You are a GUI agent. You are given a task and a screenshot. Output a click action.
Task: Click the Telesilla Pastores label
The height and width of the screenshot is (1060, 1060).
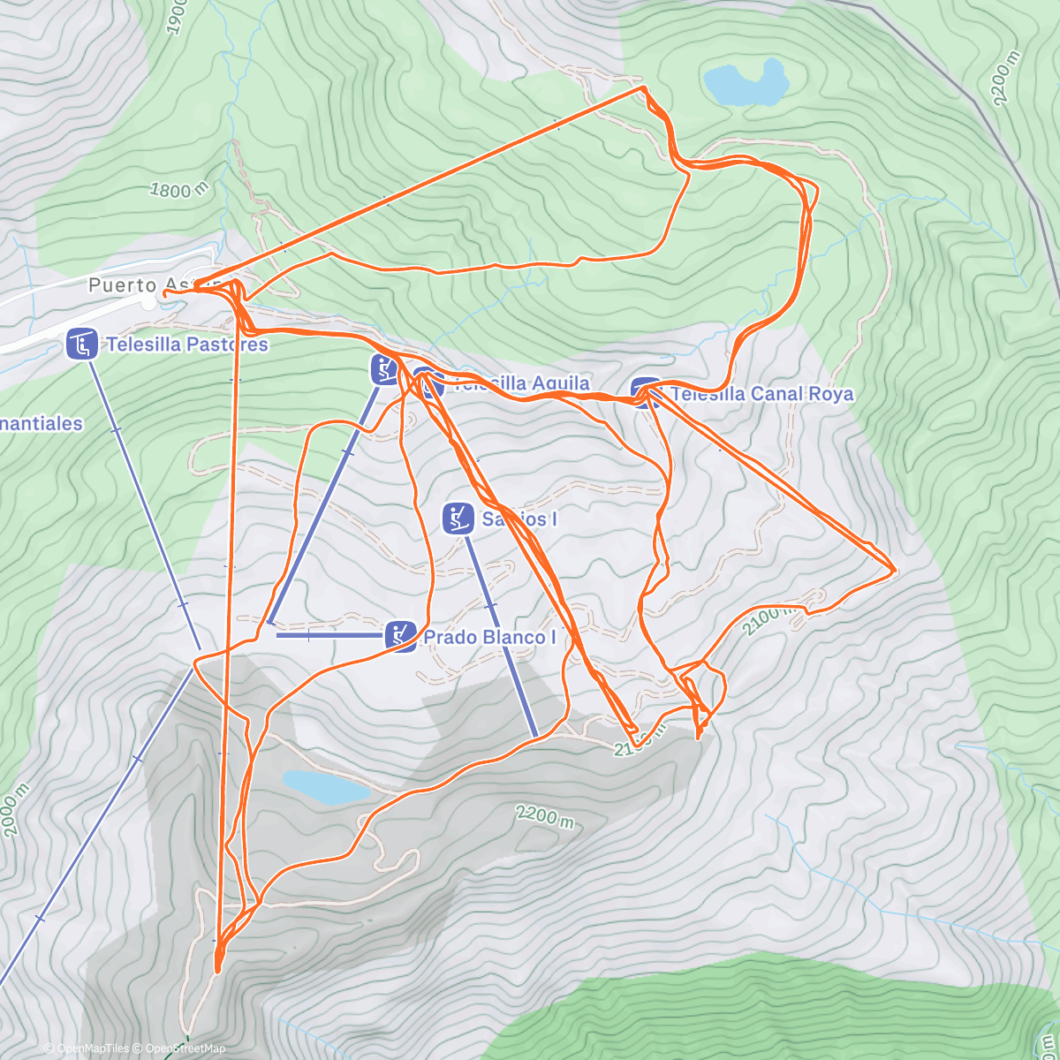coord(186,344)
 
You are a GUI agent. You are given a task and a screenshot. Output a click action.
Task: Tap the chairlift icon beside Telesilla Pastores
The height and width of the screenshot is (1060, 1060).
coord(82,344)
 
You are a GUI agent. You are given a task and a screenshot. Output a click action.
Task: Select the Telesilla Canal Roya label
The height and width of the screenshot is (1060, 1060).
coord(761,394)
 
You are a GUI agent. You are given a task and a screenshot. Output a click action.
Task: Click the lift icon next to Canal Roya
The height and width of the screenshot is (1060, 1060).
coord(646,393)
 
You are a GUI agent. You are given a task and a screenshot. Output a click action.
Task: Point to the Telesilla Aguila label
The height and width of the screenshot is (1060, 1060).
coord(521,383)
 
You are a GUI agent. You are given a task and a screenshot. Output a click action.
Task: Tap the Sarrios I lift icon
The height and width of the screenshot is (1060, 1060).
coord(458,519)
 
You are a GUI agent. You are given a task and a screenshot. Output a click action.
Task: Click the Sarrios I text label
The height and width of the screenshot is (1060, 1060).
coord(519,519)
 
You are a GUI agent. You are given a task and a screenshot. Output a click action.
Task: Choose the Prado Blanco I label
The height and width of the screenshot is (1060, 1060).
coord(490,637)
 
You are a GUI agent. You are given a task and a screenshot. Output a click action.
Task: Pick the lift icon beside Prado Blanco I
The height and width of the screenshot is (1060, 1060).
coord(401,636)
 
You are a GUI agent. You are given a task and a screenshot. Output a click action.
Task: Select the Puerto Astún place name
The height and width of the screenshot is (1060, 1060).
coord(132,285)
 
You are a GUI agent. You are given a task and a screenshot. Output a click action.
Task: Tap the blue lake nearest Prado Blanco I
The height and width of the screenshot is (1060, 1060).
coord(325,785)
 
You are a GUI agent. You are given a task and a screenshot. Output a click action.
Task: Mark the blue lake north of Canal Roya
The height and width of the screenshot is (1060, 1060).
coord(745,82)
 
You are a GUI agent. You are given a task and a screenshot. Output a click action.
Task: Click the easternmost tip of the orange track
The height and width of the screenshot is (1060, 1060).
coord(896,571)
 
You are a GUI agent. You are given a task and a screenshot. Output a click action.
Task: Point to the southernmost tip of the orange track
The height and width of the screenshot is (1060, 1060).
coord(218,970)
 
